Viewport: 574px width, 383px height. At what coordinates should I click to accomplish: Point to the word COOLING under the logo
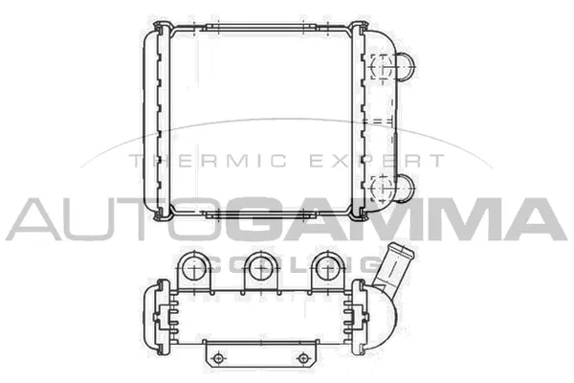287,259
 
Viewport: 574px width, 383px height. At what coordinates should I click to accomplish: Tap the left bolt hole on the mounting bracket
219,358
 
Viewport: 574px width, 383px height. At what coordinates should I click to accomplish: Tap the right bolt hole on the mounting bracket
303,358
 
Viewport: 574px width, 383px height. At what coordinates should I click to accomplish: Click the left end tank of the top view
152,120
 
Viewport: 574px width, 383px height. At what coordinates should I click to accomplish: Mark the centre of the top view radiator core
255,120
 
